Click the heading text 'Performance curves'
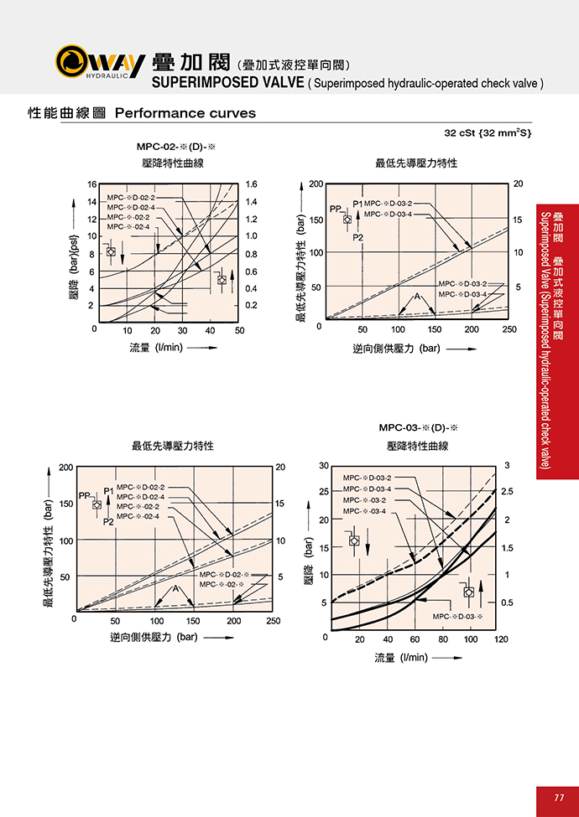point(185,113)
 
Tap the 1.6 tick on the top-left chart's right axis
point(250,184)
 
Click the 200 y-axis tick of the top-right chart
point(316,184)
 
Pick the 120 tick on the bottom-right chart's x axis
point(501,639)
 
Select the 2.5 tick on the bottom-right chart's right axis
point(507,491)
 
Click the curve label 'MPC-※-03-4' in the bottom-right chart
point(364,511)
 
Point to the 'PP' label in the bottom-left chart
point(84,496)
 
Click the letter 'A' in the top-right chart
point(415,297)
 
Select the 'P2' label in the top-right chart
point(358,238)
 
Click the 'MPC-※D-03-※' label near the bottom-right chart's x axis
point(460,617)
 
